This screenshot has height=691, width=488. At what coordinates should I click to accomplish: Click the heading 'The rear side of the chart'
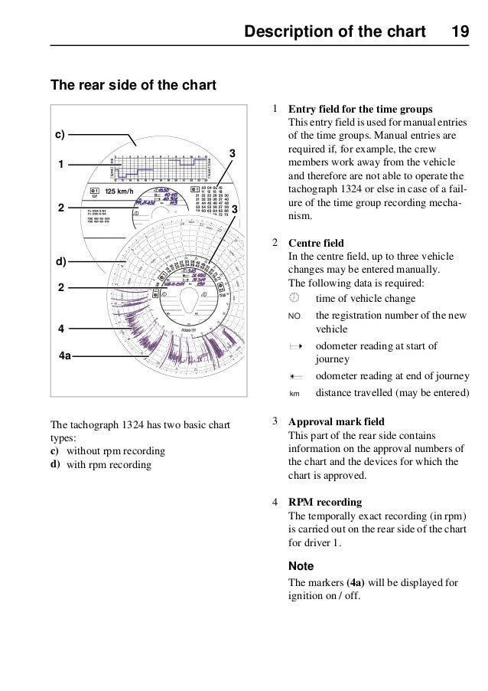[x=133, y=84]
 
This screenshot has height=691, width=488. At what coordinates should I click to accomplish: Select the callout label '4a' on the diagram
[x=66, y=356]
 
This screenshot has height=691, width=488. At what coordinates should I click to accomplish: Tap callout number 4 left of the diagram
[x=58, y=329]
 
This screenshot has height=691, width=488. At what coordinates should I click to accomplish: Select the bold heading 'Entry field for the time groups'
[x=359, y=110]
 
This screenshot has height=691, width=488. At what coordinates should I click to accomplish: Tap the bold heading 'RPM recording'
[x=325, y=503]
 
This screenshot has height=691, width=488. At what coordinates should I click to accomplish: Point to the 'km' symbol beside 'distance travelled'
[x=294, y=395]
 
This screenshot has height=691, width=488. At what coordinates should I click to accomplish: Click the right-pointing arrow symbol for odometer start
[x=295, y=347]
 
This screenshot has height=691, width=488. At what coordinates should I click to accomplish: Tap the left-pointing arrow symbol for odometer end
[x=295, y=377]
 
